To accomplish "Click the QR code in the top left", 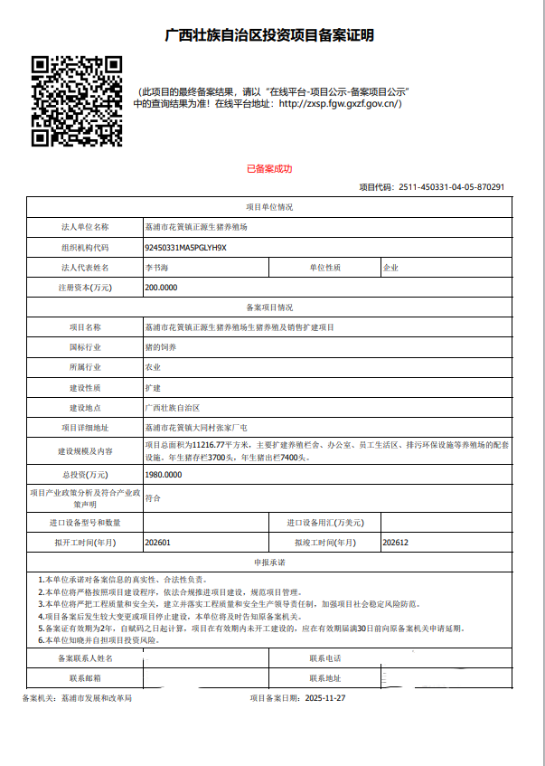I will tap(77, 100).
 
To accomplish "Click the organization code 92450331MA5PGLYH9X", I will tap(185, 247).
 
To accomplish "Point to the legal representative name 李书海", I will tap(156, 268).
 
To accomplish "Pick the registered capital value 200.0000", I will tap(161, 288).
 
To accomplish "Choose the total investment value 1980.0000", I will tap(163, 474).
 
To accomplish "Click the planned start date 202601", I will tap(158, 543).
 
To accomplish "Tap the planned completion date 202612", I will tap(397, 543).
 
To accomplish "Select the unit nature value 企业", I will tap(390, 268).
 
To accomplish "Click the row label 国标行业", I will tap(85, 346).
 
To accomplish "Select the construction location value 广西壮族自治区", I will tap(172, 408).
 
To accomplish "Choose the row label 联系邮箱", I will tap(85, 677).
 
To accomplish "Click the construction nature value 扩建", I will tap(153, 387).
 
